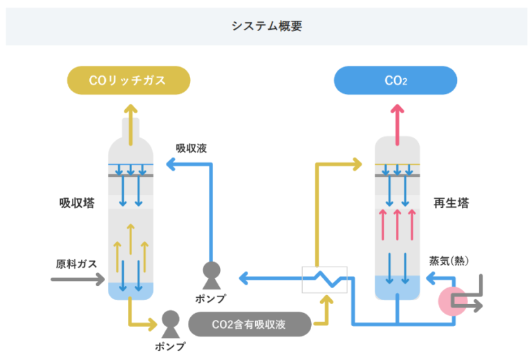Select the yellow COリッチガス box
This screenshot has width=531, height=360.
128,80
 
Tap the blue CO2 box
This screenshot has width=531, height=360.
395,80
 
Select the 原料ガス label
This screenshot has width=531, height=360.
76,263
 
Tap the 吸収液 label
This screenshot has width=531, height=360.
191,148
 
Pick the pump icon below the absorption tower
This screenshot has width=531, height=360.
169,321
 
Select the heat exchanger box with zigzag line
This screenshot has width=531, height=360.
326,279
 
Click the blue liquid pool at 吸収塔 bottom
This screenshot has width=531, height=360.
130,291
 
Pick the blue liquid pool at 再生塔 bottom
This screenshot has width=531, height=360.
397,287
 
